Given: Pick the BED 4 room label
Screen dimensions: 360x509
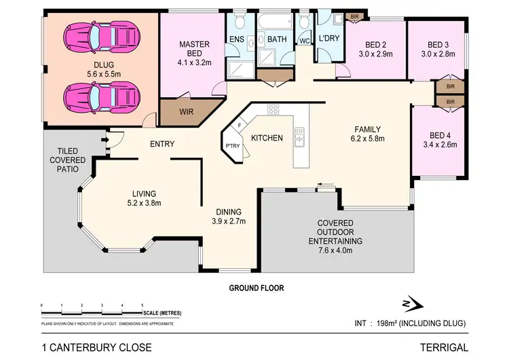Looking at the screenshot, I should click(x=440, y=134).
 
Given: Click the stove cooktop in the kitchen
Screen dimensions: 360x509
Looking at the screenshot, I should click(x=274, y=110).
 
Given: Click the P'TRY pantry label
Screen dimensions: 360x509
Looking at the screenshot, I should click(x=232, y=145).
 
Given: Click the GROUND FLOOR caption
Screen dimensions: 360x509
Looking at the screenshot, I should click(x=254, y=288).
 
